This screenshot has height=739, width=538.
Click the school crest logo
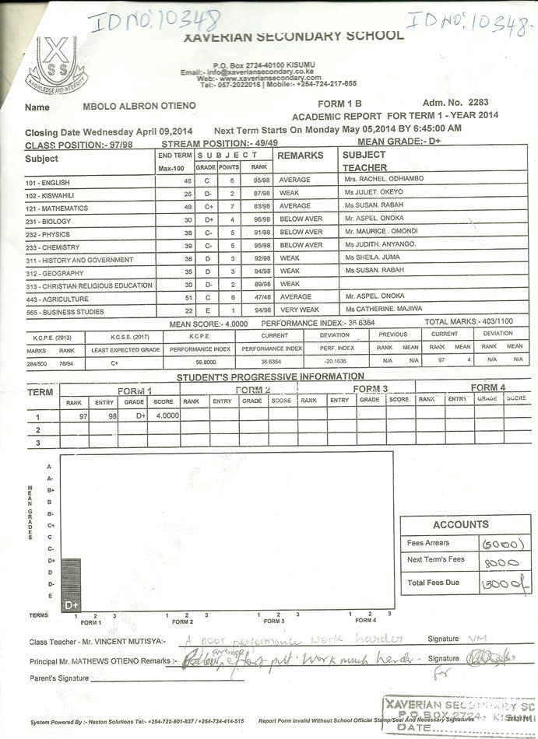coord(57,65)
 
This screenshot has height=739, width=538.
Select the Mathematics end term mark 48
coord(188,208)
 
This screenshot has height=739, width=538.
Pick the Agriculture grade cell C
coord(206,297)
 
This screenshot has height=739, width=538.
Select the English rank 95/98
coord(260,180)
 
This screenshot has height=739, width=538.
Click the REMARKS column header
coord(301,156)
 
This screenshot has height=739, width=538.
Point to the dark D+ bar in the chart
coord(71,584)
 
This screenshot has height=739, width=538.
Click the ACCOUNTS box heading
coord(461,524)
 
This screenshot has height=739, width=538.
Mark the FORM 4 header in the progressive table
coord(488,387)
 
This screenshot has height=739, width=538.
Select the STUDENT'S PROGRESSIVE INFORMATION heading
coord(270,377)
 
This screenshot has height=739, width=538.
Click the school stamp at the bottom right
coord(459,714)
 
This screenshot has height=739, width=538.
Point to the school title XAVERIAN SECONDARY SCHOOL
coord(293,36)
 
